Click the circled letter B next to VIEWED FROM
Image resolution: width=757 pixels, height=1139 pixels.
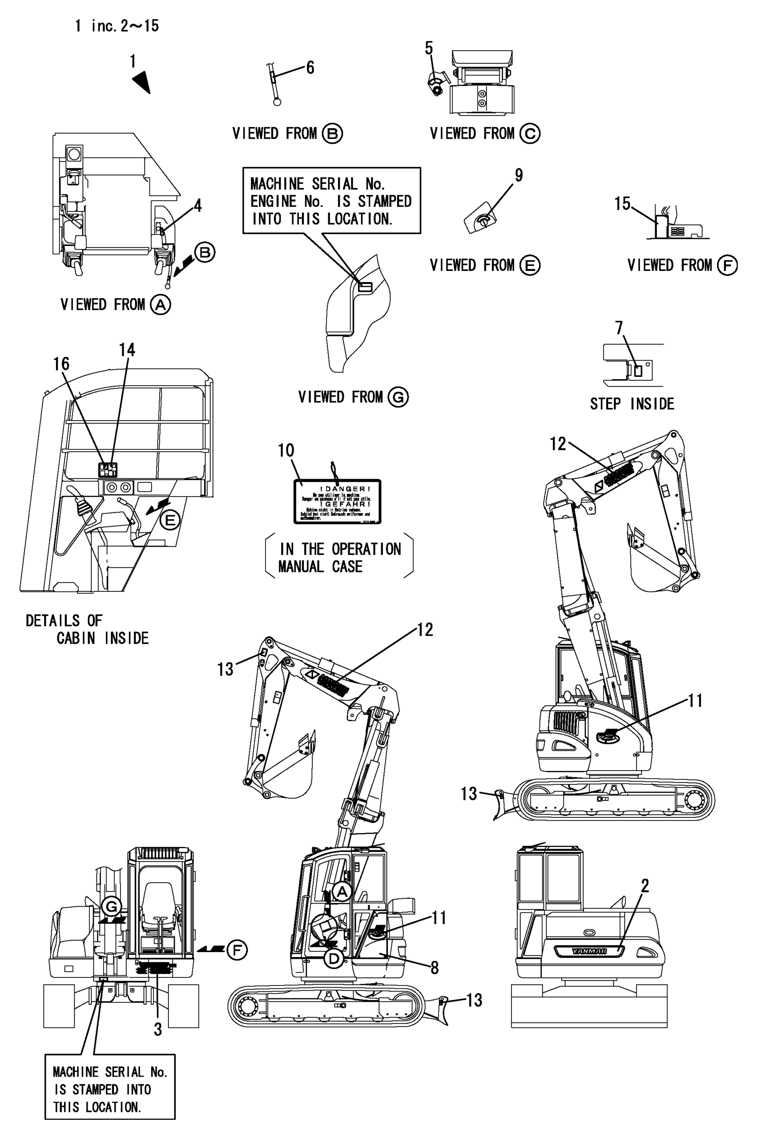[x=332, y=134]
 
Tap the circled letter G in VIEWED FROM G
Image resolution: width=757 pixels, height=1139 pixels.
[x=399, y=397]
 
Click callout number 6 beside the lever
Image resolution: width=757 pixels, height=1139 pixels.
[x=310, y=68]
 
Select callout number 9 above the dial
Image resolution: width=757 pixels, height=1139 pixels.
[x=519, y=175]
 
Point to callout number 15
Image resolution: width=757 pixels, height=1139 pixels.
[x=622, y=204]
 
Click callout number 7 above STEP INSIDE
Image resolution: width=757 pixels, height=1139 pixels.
[x=619, y=328]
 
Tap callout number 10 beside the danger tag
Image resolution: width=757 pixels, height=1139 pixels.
[x=286, y=450]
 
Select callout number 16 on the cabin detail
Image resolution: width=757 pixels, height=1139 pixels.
[x=61, y=364]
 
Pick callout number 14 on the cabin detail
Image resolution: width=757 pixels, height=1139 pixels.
[x=127, y=350]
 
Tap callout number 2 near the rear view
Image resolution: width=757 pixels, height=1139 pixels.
[x=644, y=885]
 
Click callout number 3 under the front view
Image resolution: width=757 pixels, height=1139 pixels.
[x=158, y=1030]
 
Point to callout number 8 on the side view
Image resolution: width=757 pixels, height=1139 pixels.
[x=435, y=968]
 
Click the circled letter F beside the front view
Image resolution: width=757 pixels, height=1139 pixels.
[x=237, y=950]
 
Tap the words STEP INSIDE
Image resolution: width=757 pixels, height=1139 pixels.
[x=632, y=404]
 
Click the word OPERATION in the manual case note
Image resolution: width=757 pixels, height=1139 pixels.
[x=366, y=549]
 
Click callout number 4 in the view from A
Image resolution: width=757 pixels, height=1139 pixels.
[x=197, y=206]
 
